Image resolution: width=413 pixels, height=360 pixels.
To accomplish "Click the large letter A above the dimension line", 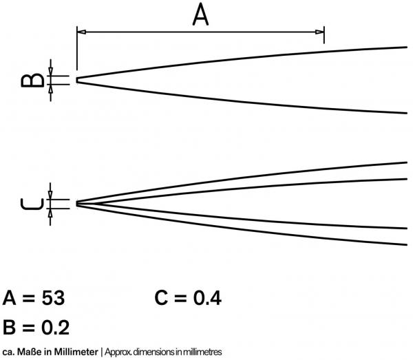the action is tap(200, 15).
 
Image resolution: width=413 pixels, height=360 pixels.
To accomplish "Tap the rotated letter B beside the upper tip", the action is tap(32, 80).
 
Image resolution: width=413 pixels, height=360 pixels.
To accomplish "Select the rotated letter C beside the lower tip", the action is tap(32, 204).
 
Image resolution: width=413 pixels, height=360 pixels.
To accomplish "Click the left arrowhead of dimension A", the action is tap(81, 32).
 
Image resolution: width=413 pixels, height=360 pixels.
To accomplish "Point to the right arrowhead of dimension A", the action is tap(319, 32).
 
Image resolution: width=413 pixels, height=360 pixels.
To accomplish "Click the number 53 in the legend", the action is tap(53, 298).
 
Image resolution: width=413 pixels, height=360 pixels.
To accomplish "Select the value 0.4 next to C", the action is tap(207, 298).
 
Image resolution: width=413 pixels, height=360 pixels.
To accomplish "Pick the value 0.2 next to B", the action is tap(56, 328).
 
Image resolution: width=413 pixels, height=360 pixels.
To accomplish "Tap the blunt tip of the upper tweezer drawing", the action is tap(77, 80).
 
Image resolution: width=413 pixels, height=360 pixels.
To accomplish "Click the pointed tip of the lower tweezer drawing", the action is tap(77, 204).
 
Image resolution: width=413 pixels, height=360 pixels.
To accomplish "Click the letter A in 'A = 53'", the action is tap(9, 298).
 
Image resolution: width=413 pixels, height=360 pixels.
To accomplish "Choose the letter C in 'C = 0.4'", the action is tap(161, 298).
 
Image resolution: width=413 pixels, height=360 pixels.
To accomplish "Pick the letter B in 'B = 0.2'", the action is tap(9, 328).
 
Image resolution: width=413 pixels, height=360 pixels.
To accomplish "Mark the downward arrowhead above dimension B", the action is tap(50, 72).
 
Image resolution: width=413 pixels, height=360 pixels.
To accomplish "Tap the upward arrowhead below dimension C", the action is tap(50, 213).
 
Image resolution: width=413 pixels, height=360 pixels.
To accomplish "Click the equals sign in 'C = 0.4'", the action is tap(180, 299).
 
